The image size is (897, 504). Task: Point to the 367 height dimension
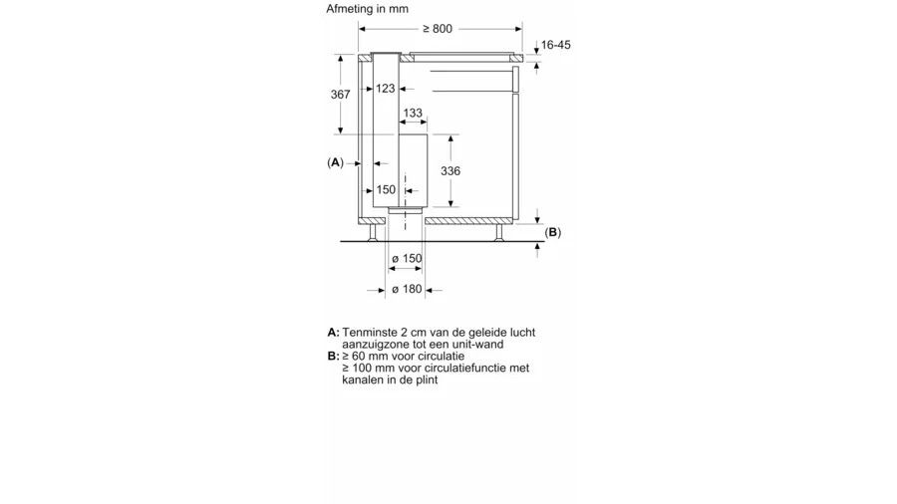[x=341, y=94]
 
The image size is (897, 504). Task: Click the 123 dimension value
[x=387, y=90]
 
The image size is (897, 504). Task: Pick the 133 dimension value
[x=412, y=113]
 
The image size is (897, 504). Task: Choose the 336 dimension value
[x=449, y=171]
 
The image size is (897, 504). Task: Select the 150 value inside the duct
[x=387, y=189]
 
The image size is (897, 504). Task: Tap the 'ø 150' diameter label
[x=407, y=259]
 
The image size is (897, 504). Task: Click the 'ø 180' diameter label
[x=407, y=290]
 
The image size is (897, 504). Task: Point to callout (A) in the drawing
[x=335, y=161]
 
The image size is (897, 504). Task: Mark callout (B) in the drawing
[x=553, y=232]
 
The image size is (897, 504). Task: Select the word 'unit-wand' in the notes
[x=476, y=344]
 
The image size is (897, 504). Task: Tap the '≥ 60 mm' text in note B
[x=363, y=356]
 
